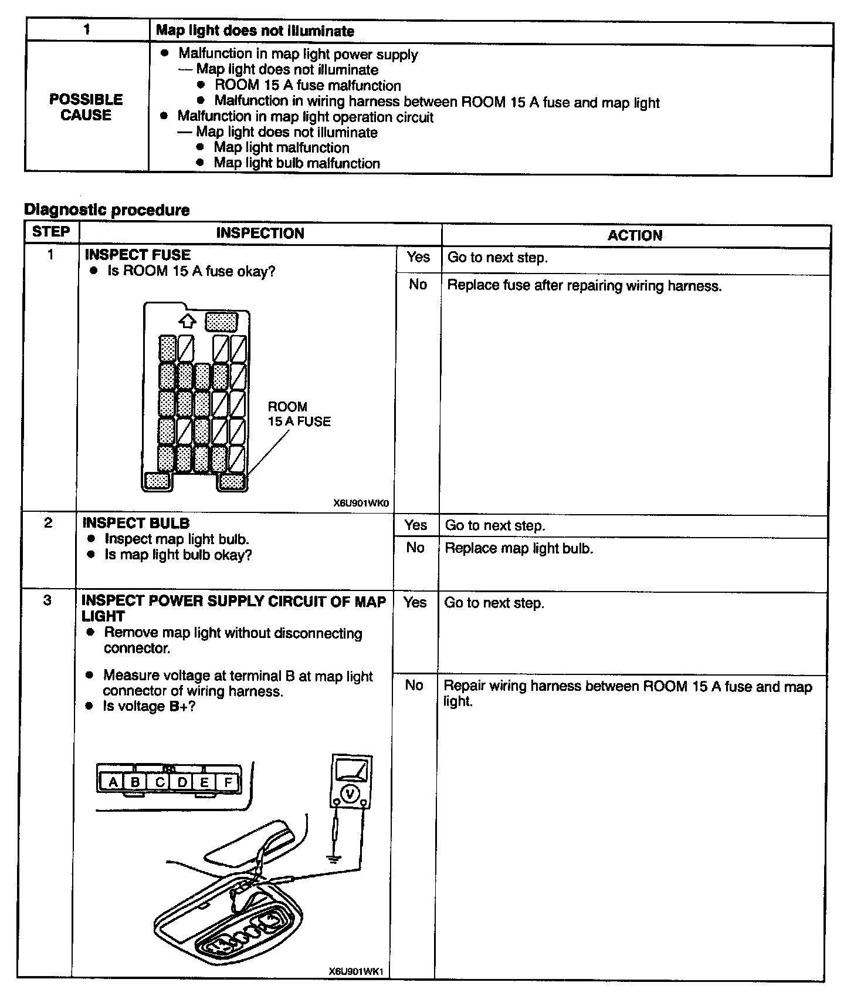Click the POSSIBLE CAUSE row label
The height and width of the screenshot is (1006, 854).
pyautogui.click(x=86, y=107)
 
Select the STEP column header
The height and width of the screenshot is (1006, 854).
pyautogui.click(x=51, y=232)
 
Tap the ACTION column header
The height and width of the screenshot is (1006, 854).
pyautogui.click(x=635, y=235)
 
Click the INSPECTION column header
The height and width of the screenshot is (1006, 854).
pyautogui.click(x=260, y=233)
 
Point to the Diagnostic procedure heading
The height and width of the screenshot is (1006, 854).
pyautogui.click(x=107, y=210)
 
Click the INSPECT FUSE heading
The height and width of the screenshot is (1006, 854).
pyautogui.click(x=137, y=255)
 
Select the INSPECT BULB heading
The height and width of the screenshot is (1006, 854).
pyautogui.click(x=136, y=523)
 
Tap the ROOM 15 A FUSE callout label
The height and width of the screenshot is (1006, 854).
pyautogui.click(x=299, y=414)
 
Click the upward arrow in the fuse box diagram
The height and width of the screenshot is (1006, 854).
pyautogui.click(x=187, y=321)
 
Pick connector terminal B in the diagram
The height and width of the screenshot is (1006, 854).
pyautogui.click(x=135, y=782)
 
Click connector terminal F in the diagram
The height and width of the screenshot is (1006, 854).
pyautogui.click(x=228, y=782)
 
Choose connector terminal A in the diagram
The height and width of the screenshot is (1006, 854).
pyautogui.click(x=113, y=782)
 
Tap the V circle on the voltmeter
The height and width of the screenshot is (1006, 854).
pyautogui.click(x=350, y=794)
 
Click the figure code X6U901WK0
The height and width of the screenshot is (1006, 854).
pyautogui.click(x=361, y=504)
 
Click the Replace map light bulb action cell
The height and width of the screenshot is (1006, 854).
pyautogui.click(x=519, y=548)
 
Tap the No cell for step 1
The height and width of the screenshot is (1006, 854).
pyautogui.click(x=418, y=285)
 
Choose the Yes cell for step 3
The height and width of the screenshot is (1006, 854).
pyautogui.click(x=415, y=602)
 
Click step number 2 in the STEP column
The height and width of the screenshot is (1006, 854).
pyautogui.click(x=48, y=523)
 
